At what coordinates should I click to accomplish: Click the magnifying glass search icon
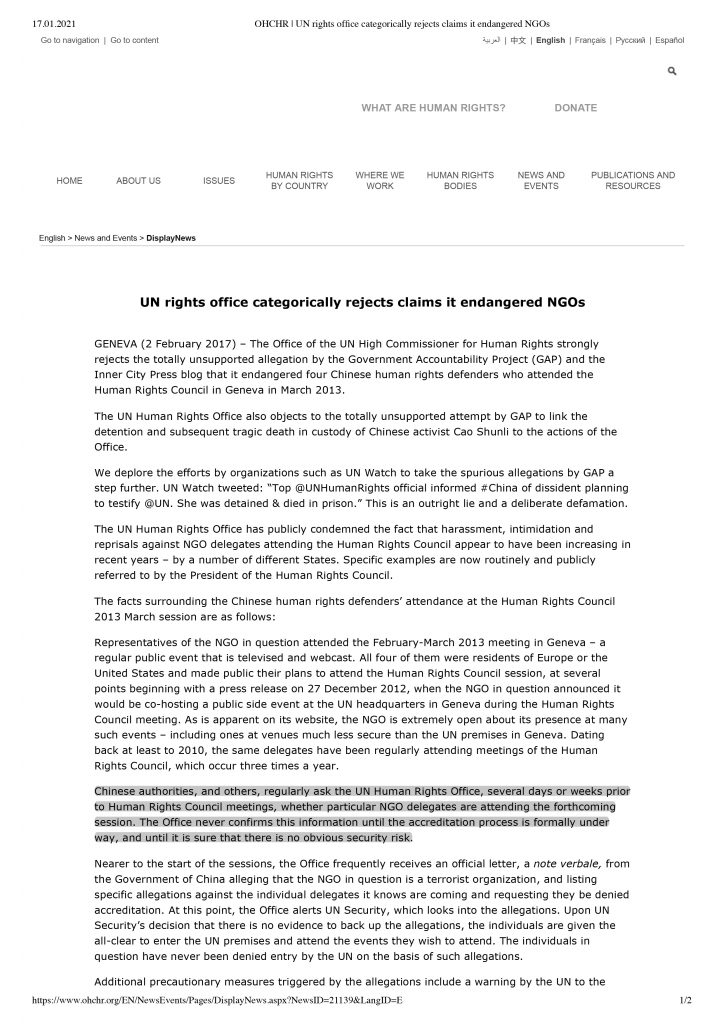tap(672, 72)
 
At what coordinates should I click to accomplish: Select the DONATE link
tap(575, 108)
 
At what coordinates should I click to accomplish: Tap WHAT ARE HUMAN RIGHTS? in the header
tap(433, 108)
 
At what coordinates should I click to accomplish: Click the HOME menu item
tap(70, 181)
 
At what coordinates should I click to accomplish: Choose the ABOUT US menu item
tap(138, 181)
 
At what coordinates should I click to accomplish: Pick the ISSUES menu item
tap(219, 181)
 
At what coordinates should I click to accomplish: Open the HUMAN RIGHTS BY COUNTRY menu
tap(299, 181)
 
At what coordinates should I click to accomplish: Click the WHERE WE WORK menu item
tap(380, 181)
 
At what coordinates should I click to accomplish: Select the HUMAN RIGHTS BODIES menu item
tap(460, 181)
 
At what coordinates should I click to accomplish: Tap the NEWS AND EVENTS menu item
tap(541, 181)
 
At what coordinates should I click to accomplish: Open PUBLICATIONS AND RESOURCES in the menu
tap(633, 181)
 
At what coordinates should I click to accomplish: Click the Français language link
tap(590, 40)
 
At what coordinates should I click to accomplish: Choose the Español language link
tap(670, 40)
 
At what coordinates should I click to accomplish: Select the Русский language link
tap(630, 40)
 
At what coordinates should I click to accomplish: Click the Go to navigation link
tap(70, 40)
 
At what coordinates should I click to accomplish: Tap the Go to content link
tap(134, 40)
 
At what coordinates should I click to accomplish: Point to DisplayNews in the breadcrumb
tap(171, 239)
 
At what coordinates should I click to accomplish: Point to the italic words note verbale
tap(561, 861)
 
